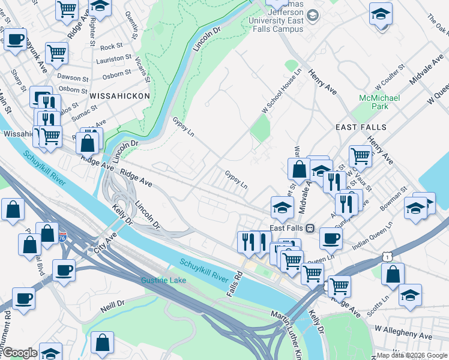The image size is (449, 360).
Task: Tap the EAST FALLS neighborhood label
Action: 361,127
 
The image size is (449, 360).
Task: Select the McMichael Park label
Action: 379,102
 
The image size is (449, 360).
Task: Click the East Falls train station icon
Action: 310,228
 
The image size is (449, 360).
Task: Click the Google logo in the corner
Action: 19,353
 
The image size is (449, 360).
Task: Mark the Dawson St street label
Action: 73,77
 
